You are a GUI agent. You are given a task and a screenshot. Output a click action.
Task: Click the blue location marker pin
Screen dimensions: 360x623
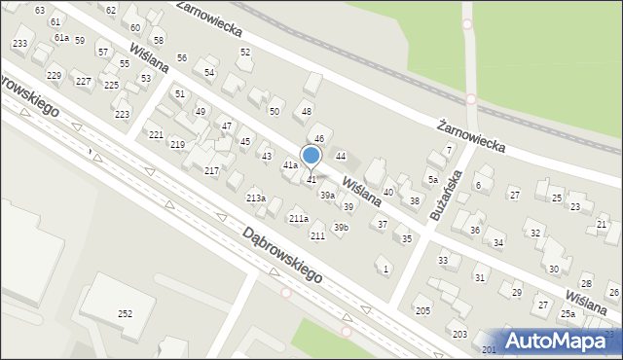[311, 156]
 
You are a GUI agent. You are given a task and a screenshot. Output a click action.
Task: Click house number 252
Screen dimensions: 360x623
[126, 313]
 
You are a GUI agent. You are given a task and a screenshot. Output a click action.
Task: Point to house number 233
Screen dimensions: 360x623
[19, 44]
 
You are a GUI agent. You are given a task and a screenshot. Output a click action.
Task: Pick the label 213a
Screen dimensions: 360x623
[255, 198]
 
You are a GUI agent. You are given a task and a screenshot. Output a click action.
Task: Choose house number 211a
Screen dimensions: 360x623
[298, 219]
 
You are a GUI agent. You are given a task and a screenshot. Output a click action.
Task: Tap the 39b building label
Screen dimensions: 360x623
[341, 228]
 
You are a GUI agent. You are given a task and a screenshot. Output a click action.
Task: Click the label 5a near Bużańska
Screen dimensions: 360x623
[432, 180]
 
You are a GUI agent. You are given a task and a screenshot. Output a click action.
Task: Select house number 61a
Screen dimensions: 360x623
[61, 37]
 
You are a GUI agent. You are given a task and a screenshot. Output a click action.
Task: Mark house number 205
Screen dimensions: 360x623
[422, 310]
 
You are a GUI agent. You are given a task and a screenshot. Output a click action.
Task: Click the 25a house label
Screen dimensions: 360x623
[568, 314]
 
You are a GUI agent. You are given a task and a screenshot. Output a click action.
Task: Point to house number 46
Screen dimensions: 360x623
[318, 140]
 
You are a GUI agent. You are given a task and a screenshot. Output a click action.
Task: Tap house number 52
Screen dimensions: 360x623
[245, 52]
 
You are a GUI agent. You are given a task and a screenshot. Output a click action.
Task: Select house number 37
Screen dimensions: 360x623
[383, 225]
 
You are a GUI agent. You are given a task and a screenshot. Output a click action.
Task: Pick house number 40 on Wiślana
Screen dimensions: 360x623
[387, 193]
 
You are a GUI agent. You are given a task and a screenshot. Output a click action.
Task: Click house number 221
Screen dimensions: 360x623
[156, 134]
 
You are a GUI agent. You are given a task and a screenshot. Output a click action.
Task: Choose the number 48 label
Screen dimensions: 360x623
[307, 112]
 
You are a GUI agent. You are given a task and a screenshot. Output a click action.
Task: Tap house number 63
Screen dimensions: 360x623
[40, 10]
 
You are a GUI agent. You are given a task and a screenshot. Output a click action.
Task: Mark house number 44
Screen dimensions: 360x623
[341, 156]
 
